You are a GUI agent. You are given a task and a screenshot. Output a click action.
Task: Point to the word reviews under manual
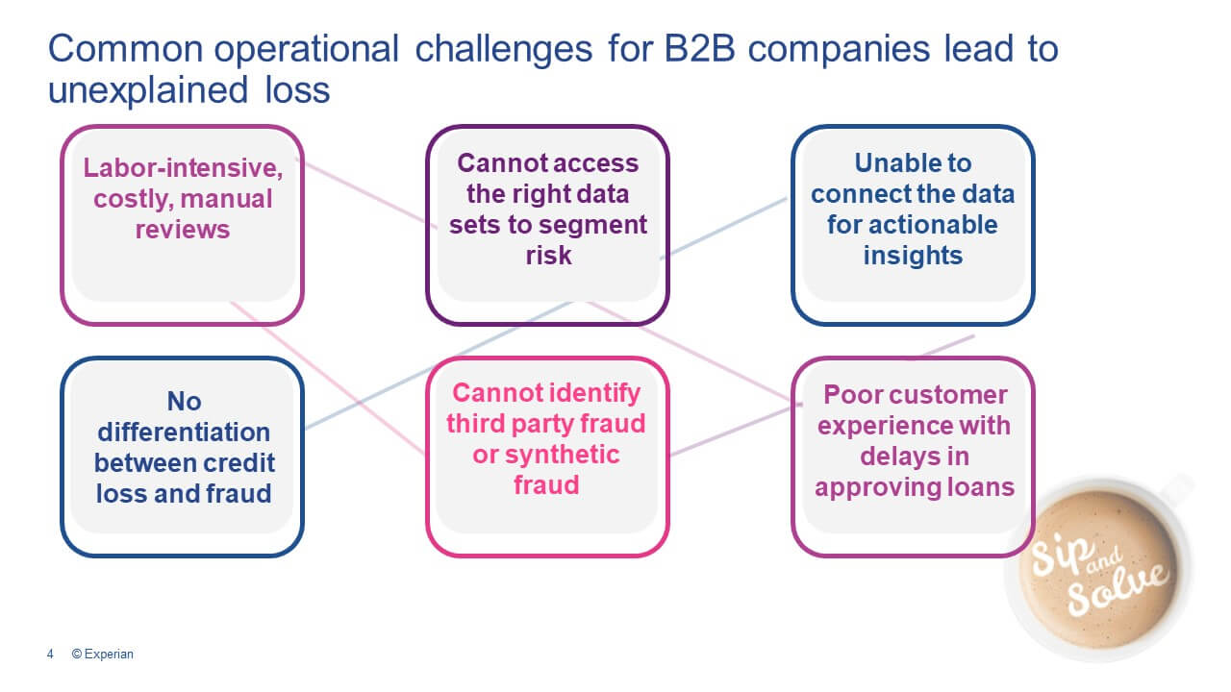[x=183, y=230]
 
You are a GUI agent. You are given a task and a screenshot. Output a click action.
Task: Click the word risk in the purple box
[x=548, y=255]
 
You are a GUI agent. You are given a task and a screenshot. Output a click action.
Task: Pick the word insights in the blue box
[x=913, y=255]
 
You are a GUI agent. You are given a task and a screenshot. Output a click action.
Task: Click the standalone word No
[x=183, y=401]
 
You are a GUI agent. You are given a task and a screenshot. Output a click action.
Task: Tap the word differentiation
[x=183, y=432]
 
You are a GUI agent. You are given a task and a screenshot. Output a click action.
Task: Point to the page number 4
[x=49, y=655]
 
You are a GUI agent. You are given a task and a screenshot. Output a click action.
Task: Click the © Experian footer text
[x=103, y=655]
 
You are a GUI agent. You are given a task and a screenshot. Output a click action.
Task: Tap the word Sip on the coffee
[x=1055, y=560]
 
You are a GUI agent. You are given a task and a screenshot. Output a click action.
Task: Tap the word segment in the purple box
[x=595, y=225]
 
